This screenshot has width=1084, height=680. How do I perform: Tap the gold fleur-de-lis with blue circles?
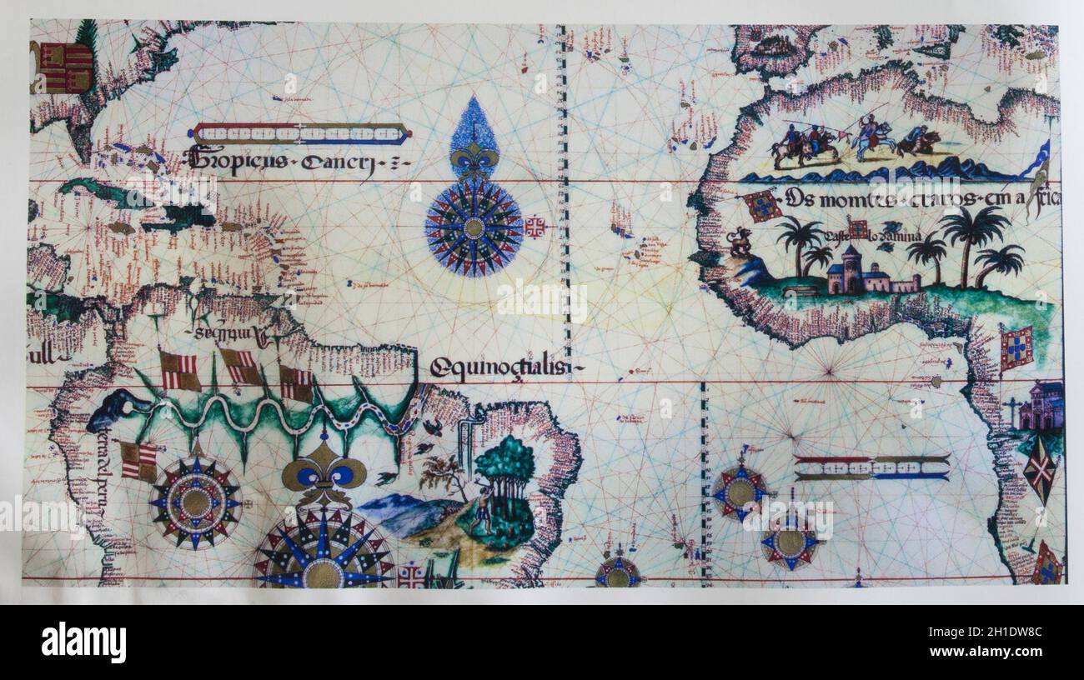point(324,475)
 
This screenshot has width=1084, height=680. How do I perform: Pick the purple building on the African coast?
point(1043,406)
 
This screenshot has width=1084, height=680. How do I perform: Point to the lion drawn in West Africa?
point(739,242)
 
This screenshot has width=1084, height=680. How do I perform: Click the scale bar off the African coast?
point(871,467)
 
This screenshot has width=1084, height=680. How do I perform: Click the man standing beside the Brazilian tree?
point(480,508)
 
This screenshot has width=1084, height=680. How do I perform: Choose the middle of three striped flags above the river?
point(240,367)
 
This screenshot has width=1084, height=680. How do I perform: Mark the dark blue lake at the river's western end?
point(117,407)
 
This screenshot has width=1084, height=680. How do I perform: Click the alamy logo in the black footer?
point(83,642)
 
